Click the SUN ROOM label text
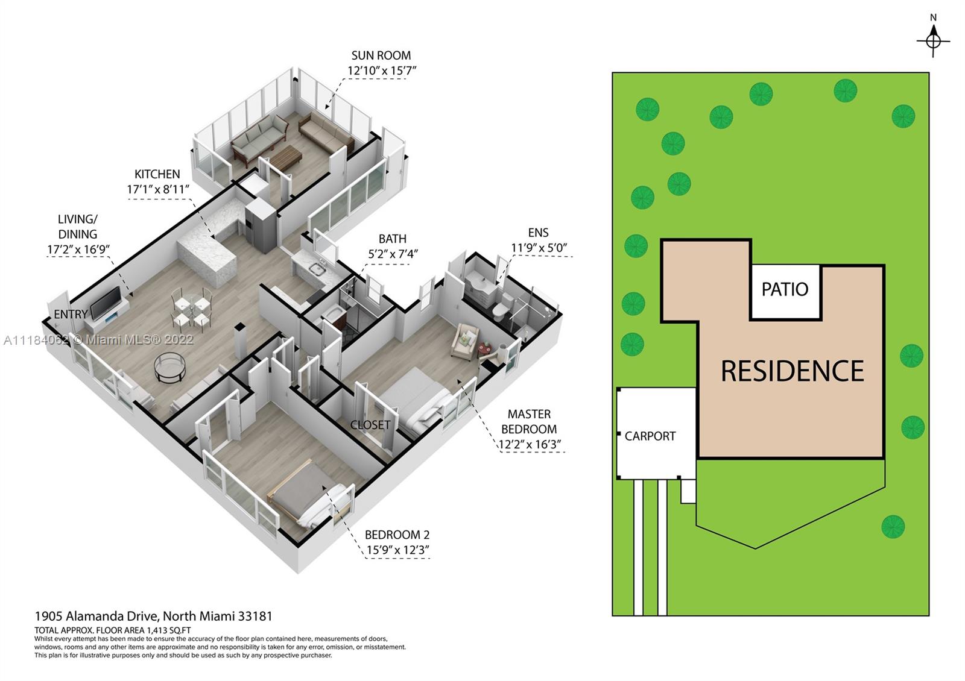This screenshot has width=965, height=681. tap(381, 55)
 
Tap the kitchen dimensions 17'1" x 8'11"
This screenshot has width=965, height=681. tap(158, 189)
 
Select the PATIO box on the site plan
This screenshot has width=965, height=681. tap(785, 292)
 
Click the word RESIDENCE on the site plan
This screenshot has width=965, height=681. tap(793, 371)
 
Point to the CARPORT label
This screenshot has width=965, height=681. tap(650, 436)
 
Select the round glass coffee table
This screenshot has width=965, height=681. tap(169, 367)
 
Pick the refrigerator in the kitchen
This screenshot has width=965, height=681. tap(260, 225)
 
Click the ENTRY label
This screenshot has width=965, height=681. tap(71, 314)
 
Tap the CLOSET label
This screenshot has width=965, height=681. tap(370, 425)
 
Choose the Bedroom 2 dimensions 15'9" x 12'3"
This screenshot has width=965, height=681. tap(397, 550)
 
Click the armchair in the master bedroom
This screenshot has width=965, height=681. tap(464, 341)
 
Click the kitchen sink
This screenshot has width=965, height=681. tap(317, 269)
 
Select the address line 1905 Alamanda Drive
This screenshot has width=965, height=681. tap(153, 617)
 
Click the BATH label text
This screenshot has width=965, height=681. tap(393, 239)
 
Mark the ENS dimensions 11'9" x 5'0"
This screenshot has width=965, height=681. tap(539, 248)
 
